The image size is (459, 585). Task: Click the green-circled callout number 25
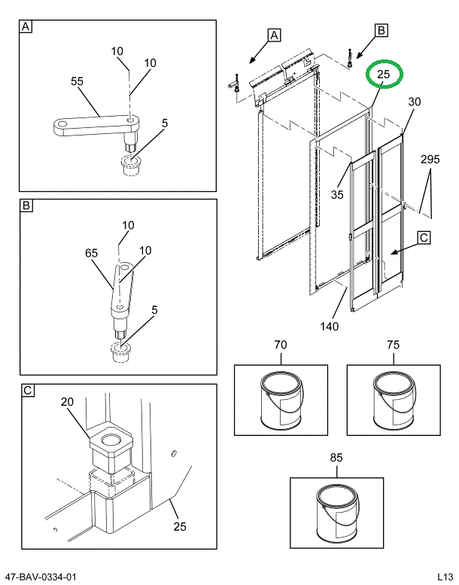point(384,75)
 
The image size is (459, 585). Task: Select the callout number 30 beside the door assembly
point(415,102)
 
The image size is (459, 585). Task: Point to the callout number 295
point(430,160)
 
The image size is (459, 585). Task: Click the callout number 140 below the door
point(329,326)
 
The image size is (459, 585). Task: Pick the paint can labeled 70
point(280,401)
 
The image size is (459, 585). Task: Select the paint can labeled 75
point(393,401)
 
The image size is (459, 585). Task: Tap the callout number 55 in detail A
point(77,81)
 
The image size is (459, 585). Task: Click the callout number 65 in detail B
point(91,254)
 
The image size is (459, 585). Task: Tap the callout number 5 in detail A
point(164,122)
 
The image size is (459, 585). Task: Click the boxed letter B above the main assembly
point(381,30)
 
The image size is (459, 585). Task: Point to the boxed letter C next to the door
point(424,238)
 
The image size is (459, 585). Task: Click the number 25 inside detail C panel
point(180,526)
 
